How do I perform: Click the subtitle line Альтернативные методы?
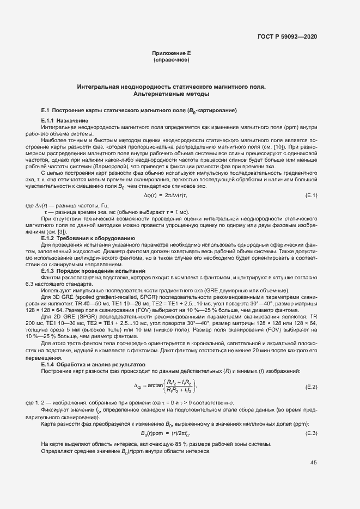coord(171,94)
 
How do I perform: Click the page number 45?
coord(313,463)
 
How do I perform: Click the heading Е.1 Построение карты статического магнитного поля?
coord(139,111)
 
